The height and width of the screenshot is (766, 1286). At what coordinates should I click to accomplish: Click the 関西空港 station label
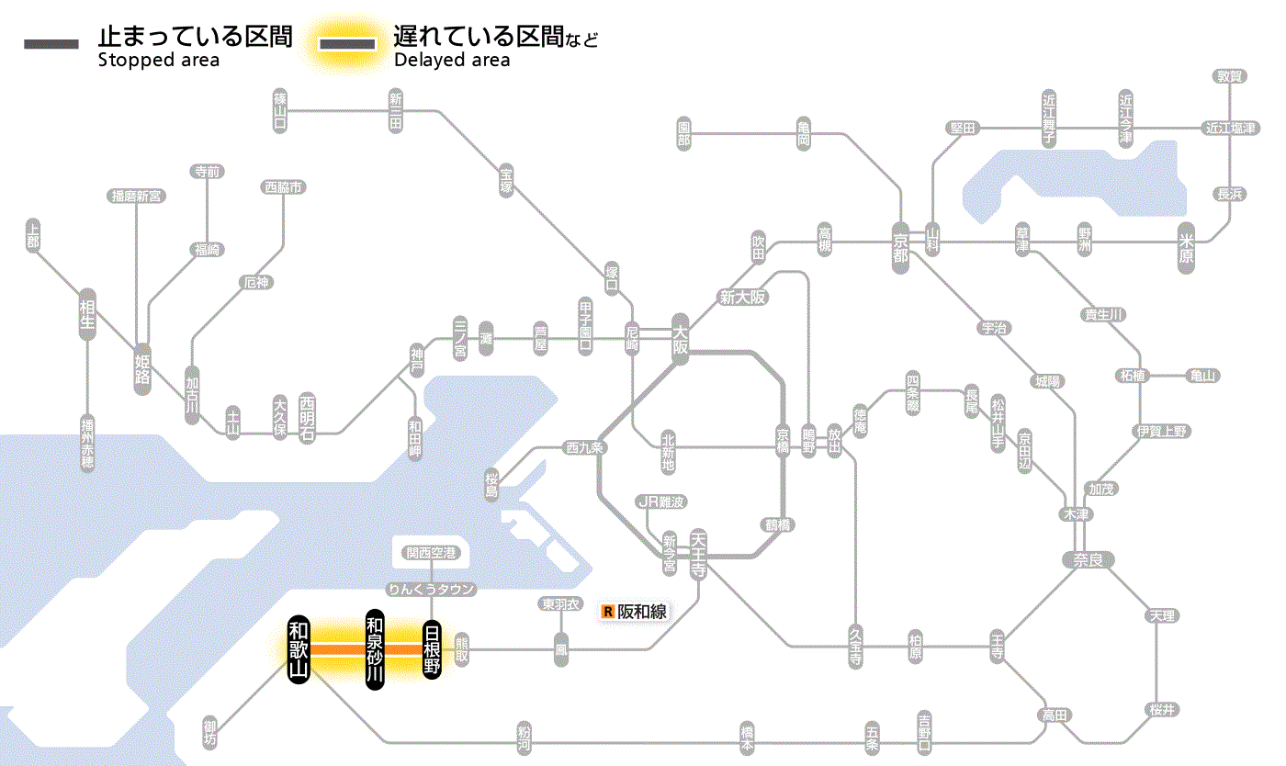click(432, 553)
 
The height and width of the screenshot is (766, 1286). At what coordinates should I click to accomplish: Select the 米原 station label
click(1187, 248)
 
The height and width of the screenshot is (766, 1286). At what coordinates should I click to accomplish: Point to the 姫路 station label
click(142, 368)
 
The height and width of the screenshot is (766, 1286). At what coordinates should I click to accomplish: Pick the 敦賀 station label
click(1229, 76)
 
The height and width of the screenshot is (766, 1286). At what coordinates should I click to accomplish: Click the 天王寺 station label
click(698, 553)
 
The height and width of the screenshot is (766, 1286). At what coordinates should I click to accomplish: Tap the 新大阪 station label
click(742, 297)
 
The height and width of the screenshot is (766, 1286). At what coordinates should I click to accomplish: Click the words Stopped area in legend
click(159, 61)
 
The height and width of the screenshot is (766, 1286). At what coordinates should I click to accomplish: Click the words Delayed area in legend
click(451, 61)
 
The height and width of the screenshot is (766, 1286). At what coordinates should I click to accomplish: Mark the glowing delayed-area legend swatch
click(347, 44)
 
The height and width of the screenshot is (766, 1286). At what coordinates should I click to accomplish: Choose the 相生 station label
click(87, 315)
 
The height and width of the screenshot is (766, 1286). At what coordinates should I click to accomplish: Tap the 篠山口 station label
click(280, 111)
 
